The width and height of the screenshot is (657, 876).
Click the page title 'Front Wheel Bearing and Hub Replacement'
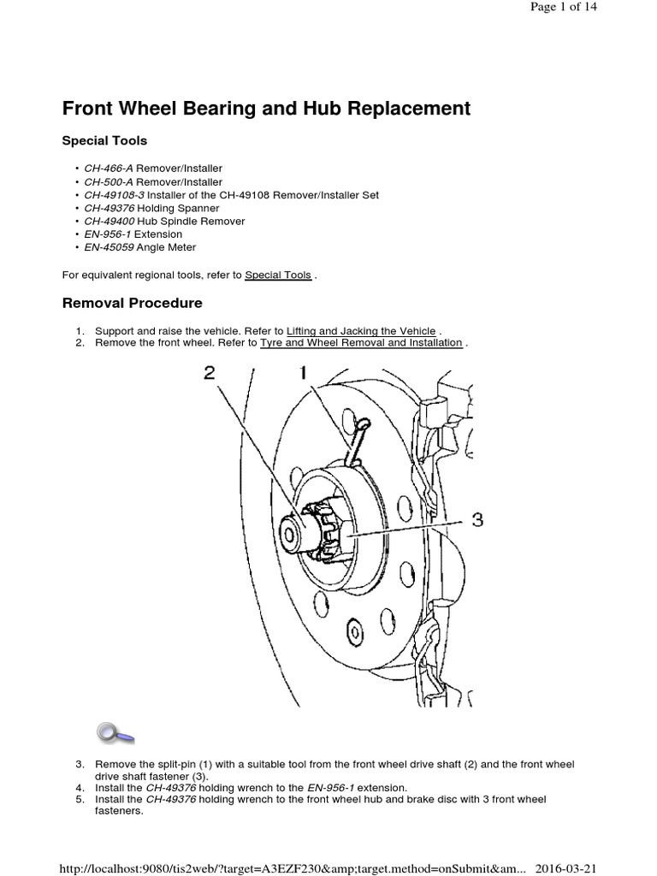pyautogui.click(x=266, y=109)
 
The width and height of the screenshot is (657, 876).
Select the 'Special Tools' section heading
pyautogui.click(x=105, y=140)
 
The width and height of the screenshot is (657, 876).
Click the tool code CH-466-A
pyautogui.click(x=109, y=169)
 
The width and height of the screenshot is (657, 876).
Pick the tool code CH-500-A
pyautogui.click(x=109, y=182)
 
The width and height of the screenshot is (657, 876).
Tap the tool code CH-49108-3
pyautogui.click(x=115, y=195)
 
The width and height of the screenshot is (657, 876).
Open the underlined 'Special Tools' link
pyautogui.click(x=278, y=275)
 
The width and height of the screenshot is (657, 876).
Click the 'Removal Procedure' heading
pyautogui.click(x=132, y=303)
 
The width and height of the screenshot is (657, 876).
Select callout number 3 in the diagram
pyautogui.click(x=477, y=519)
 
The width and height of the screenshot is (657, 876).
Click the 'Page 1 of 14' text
pyautogui.click(x=564, y=7)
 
